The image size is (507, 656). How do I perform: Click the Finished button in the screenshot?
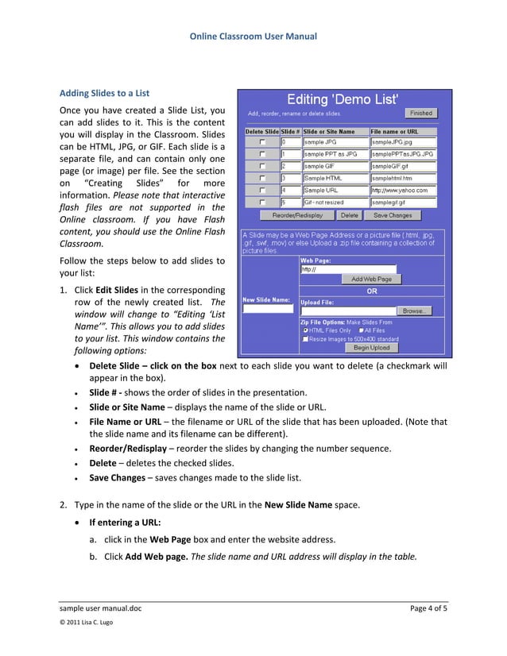pos(421,114)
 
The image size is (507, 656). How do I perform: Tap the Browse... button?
pos(414,311)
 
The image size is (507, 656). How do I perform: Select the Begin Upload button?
pos(371,347)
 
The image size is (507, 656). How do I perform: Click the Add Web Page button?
pos(371,280)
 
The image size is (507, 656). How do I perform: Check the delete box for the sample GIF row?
pos(261,166)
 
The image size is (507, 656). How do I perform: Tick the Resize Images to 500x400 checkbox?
pos(306,339)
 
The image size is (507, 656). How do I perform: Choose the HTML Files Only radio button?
pos(305,330)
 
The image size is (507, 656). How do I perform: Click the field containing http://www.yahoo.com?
pos(403,191)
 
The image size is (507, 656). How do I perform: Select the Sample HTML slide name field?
pos(335,179)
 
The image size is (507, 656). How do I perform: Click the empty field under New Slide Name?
pos(267,310)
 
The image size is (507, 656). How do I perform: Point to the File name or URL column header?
pos(397,131)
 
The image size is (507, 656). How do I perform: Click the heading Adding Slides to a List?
pos(105,94)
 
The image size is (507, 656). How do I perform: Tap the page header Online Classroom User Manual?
pos(253,37)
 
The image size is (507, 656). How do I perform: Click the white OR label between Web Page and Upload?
pos(371,291)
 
